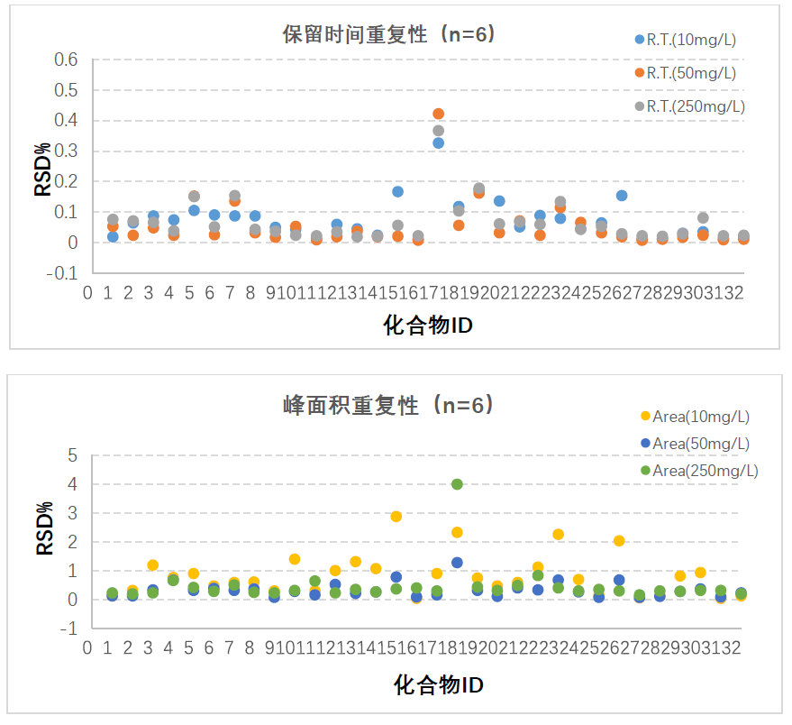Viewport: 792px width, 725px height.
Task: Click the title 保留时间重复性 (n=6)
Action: point(388,34)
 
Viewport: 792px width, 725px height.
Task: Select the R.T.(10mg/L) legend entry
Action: point(691,40)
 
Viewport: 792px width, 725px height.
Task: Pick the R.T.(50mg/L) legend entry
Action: point(691,73)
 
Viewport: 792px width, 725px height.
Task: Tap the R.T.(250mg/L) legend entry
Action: point(695,106)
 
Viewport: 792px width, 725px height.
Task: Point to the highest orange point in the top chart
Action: point(439,114)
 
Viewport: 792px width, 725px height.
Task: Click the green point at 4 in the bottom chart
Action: point(457,484)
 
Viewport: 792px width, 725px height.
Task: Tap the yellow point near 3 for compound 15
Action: point(396,517)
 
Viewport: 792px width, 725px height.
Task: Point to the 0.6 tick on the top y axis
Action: point(68,60)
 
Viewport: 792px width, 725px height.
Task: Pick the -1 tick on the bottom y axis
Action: point(69,629)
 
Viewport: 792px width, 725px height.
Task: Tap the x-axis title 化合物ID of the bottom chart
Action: point(438,685)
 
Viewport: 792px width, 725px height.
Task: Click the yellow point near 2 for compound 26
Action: point(619,541)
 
